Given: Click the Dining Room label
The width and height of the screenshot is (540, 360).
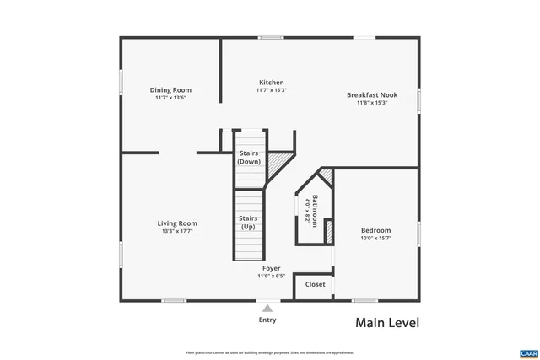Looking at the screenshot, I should point(170,90).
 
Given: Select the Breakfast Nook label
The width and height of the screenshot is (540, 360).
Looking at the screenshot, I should point(371,95).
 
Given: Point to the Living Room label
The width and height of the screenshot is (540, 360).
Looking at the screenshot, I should point(177,223).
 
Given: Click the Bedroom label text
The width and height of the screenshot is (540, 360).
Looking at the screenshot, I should point(375,230).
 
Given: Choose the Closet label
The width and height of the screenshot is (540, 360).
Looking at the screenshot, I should point(315,284).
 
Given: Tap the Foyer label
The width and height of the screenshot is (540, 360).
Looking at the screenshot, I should point(271,268).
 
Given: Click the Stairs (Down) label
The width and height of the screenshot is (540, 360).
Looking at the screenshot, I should point(248,157).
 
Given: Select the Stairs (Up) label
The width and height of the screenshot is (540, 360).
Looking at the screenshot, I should point(248,222).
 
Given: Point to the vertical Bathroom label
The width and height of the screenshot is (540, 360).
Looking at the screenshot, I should point(315,211).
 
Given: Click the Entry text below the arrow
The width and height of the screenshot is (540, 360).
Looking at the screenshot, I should point(267,320).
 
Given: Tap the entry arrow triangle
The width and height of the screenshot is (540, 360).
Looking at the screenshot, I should point(267,308).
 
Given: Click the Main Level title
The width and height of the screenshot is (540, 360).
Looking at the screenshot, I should point(386,322).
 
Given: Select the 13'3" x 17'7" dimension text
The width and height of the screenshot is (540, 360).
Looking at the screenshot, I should point(177,232).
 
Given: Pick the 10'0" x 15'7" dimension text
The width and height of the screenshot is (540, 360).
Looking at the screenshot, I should point(375,239).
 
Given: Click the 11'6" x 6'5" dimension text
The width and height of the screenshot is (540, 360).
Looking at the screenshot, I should point(271,276).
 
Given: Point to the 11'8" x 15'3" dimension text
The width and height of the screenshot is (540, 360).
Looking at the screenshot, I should point(371,104).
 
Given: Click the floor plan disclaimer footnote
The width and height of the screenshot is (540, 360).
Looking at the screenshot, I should point(270,352).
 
